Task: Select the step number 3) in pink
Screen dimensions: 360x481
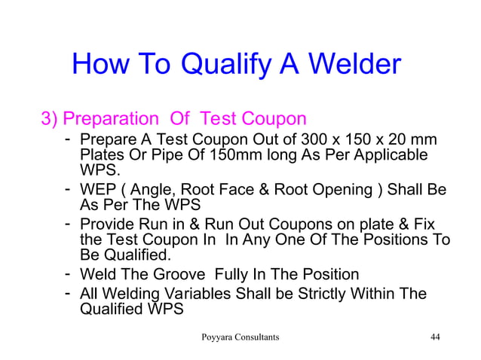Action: (49, 119)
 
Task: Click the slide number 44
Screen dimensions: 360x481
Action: (435, 337)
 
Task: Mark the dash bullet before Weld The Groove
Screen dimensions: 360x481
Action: (68, 273)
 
